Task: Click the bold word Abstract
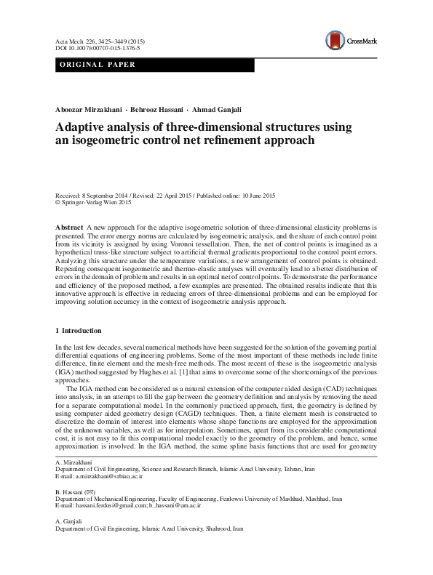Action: pos(69,228)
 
